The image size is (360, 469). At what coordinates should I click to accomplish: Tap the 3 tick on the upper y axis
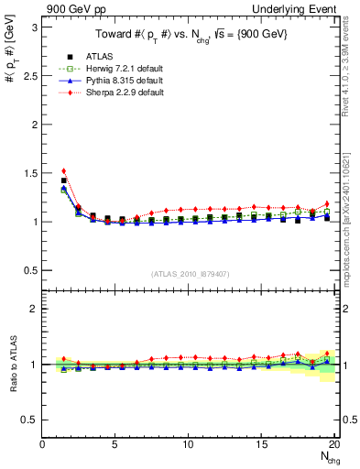pos(35,27)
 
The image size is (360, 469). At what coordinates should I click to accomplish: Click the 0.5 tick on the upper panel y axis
pos(30,270)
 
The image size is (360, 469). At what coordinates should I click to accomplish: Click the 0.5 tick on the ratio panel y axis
pos(30,420)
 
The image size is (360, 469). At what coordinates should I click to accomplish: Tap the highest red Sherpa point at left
pos(63,170)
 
